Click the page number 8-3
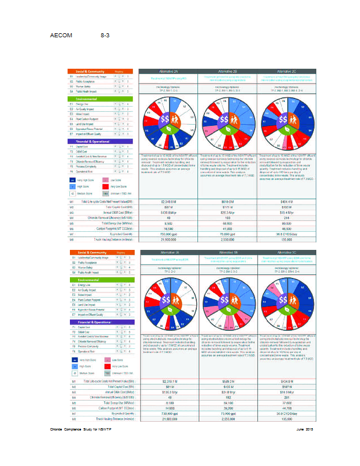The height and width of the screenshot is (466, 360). pos(105,36)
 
